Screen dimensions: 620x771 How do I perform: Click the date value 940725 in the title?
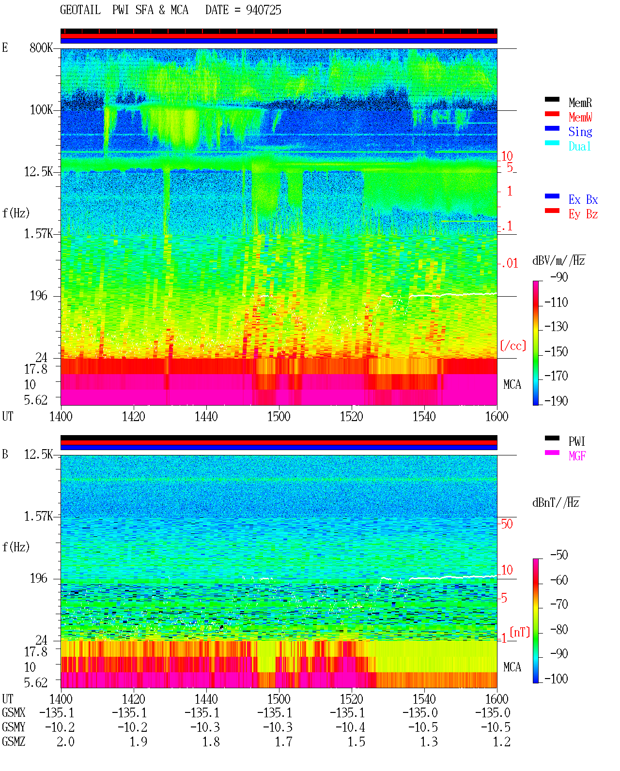pyautogui.click(x=263, y=10)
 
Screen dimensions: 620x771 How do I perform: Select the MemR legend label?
pyautogui.click(x=580, y=103)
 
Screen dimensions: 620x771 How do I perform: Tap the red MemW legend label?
pyautogui.click(x=580, y=117)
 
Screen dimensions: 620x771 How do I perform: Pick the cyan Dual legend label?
pyautogui.click(x=580, y=146)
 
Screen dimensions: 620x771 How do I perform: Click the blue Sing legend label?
pyautogui.click(x=580, y=132)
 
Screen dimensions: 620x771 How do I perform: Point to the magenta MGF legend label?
pyautogui.click(x=577, y=456)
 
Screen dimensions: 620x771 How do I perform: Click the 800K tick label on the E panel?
pyautogui.click(x=41, y=47)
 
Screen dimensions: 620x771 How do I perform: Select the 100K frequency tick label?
pyautogui.click(x=41, y=110)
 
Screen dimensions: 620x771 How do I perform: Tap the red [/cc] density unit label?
pyautogui.click(x=513, y=346)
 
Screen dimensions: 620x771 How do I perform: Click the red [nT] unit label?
pyautogui.click(x=520, y=632)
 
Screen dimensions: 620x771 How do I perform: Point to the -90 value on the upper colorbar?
pyautogui.click(x=559, y=277)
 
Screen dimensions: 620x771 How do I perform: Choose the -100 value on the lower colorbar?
pyautogui.click(x=556, y=679)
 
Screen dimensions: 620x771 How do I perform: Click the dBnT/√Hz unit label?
pyautogui.click(x=556, y=502)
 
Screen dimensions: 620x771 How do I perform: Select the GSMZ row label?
pyautogui.click(x=14, y=741)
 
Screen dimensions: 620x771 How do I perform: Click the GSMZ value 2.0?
pyautogui.click(x=65, y=741)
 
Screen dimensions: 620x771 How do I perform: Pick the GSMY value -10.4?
pyautogui.click(x=350, y=727)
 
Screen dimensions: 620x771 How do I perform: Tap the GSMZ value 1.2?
pyautogui.click(x=502, y=741)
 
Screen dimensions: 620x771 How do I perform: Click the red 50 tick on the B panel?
pyautogui.click(x=507, y=524)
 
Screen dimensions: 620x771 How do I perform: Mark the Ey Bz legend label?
pyautogui.click(x=583, y=214)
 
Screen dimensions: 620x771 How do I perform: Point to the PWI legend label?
pyautogui.click(x=577, y=441)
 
